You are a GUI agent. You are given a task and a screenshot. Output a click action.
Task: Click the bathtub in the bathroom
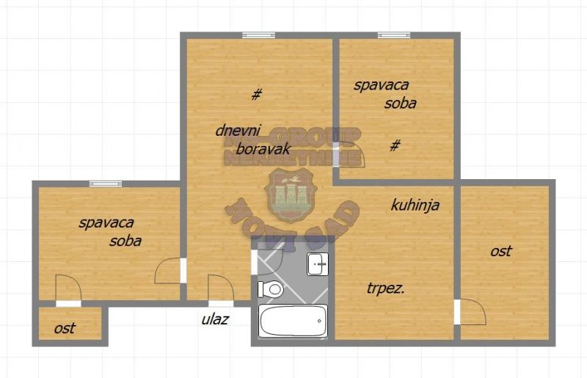pos(292,321)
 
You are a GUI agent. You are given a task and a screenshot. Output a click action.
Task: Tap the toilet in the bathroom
pos(271,289)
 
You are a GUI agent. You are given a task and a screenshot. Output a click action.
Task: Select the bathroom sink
pos(318,263)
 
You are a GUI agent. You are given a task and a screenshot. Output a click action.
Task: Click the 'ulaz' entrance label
pos(216,319)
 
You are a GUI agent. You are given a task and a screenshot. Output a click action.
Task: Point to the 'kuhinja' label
pos(415,206)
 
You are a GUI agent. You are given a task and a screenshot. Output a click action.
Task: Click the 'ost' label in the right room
pos(501,251)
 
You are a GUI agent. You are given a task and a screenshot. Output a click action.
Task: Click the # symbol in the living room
pos(256,94)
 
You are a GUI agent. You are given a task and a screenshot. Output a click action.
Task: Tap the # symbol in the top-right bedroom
pos(395,145)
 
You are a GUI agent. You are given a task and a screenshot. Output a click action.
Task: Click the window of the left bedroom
pos(105,183)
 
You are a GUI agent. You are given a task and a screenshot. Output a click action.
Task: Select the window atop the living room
pos(258,34)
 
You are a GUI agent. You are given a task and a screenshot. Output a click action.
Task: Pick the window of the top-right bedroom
pos(394,34)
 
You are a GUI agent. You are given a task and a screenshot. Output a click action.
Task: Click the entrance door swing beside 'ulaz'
pos(219,288)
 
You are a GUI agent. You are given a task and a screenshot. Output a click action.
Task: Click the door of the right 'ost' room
pos(470,312)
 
